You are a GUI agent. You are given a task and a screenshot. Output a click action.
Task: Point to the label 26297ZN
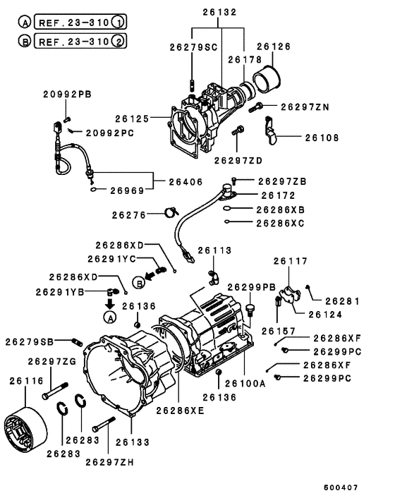coord(305,107)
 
